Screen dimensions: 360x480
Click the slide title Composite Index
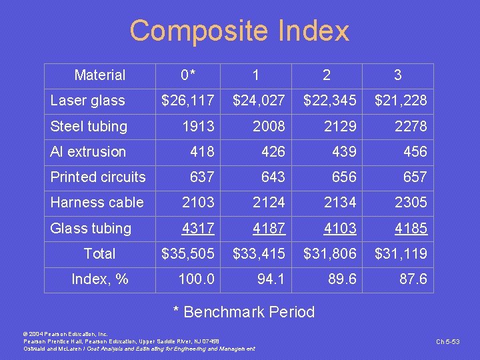coord(239,31)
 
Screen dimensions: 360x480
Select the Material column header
coord(100,75)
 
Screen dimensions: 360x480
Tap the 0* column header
coord(191,75)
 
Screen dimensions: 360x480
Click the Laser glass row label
coord(87,101)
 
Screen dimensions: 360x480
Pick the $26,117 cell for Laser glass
coord(188,101)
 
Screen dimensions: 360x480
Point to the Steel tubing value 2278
coord(411,126)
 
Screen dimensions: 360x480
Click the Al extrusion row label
coord(88,151)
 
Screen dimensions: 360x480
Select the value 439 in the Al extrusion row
coord(344,151)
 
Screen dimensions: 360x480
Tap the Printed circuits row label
coord(98,177)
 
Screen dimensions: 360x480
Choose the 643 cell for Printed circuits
coord(273,177)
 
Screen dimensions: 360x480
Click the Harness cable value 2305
coord(411,202)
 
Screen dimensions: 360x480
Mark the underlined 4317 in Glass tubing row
coord(198,228)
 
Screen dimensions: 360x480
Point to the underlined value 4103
coord(340,228)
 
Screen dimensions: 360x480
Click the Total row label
coord(99,253)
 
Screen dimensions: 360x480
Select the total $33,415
coord(259,253)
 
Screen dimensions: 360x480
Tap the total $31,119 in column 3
coord(401,253)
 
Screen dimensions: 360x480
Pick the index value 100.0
coord(197,279)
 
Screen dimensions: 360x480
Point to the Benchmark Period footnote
coord(244,312)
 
